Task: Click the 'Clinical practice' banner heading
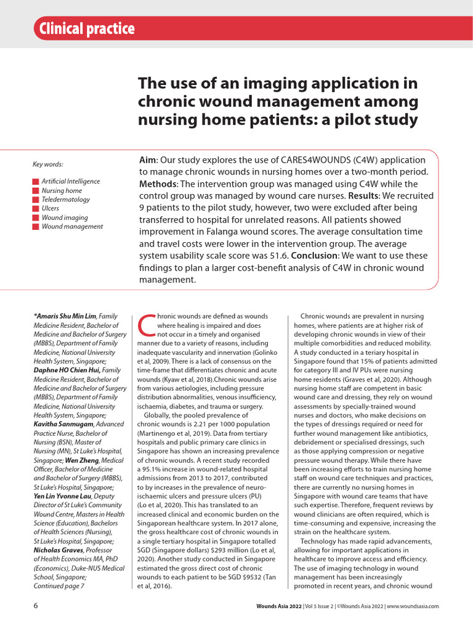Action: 86,28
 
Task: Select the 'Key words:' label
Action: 47,164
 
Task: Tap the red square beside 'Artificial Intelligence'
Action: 36,182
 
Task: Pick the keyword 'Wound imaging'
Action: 65,218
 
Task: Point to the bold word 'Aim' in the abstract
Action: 148,160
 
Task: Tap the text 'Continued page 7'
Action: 59,586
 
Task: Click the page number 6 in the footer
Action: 36,606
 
